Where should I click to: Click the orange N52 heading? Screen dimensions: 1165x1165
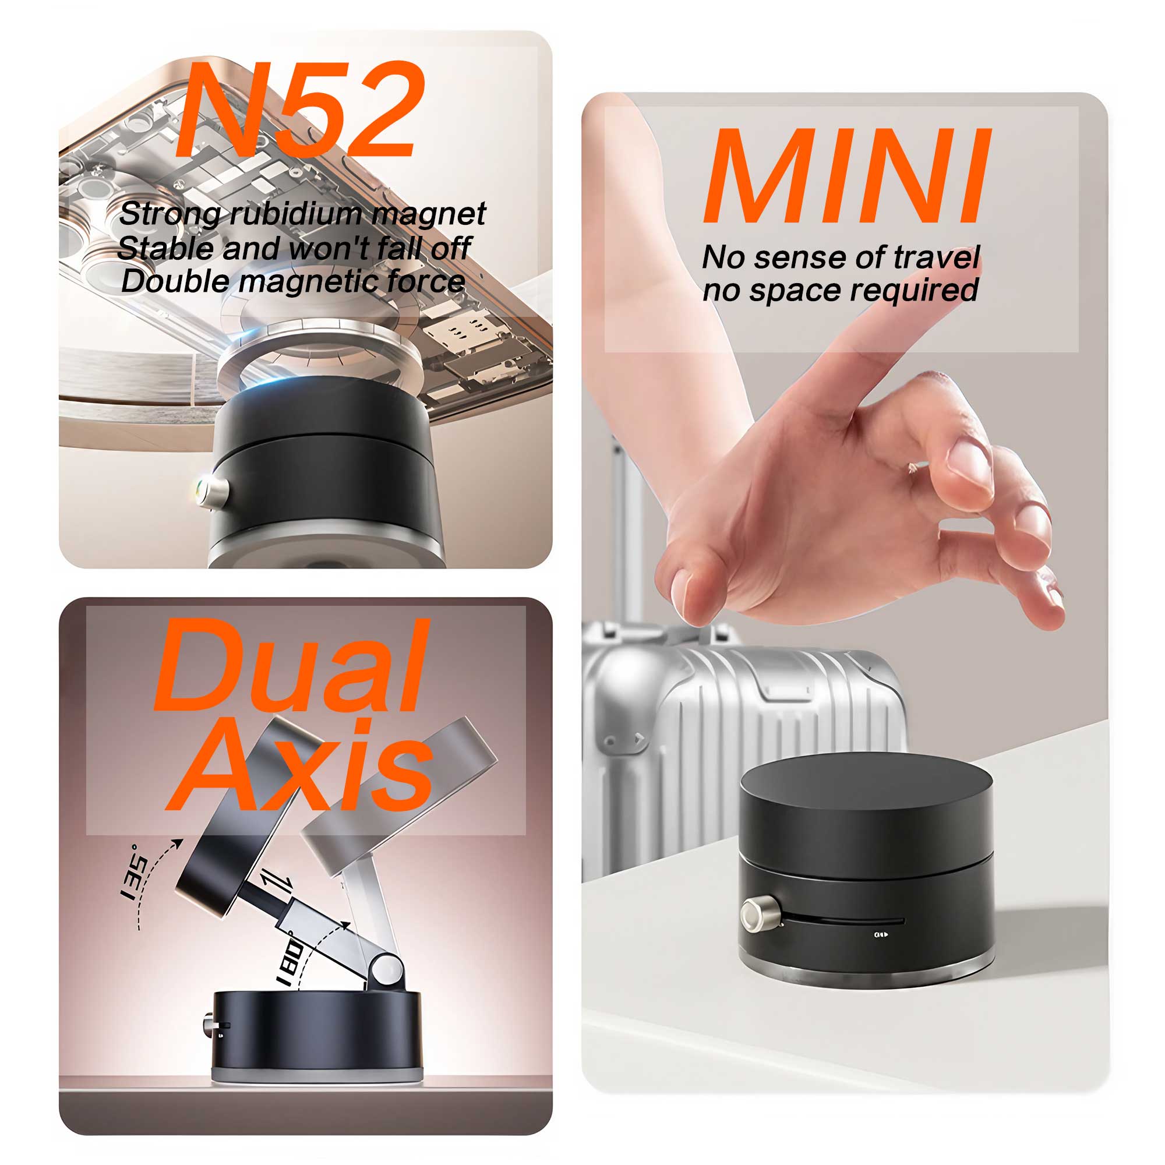[x=299, y=110]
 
